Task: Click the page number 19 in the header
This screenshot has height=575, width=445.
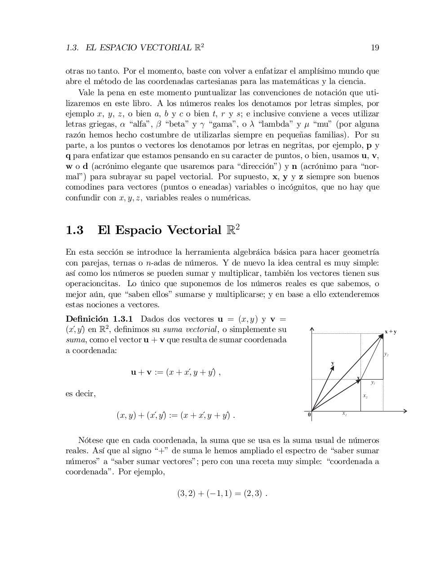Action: [x=375, y=48]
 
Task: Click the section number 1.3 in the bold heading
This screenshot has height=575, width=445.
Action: [x=74, y=230]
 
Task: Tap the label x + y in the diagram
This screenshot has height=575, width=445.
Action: [x=390, y=332]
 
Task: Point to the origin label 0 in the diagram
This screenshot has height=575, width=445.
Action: [x=309, y=415]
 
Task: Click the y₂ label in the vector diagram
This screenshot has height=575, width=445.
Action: [x=386, y=354]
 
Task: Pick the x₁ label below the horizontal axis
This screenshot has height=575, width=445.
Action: [x=344, y=413]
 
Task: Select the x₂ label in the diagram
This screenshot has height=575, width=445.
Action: [x=365, y=396]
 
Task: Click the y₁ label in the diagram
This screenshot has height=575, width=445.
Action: [x=373, y=383]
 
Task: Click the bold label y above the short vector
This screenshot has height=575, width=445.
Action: [x=333, y=363]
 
